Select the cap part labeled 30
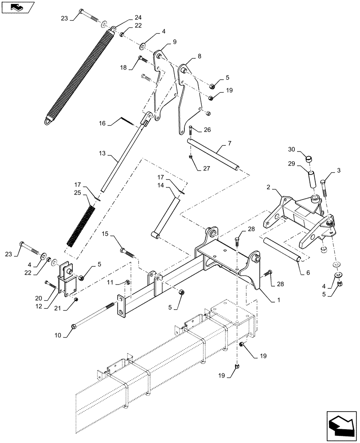[309, 158]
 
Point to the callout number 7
[229, 144]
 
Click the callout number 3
[339, 170]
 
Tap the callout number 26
[207, 130]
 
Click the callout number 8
[199, 56]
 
